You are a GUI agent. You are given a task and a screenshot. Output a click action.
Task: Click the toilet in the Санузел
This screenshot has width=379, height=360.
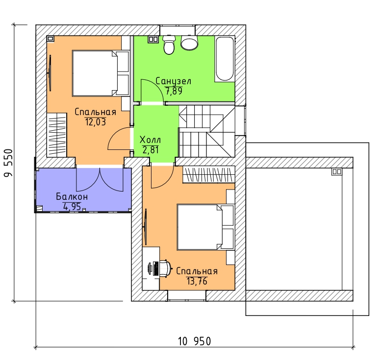click(169, 45)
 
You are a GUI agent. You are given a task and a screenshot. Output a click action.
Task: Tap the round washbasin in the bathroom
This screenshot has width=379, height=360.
click(189, 43)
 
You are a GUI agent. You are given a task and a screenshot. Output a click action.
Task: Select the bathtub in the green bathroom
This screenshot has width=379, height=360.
click(225, 59)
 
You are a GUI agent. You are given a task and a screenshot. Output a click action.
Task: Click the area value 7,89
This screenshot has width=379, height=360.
click(174, 91)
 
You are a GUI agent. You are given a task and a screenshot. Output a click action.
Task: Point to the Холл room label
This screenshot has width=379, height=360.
click(150, 140)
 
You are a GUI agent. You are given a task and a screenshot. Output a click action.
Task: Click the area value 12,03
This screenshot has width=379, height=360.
click(95, 122)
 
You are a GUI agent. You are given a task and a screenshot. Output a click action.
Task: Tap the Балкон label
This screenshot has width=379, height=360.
click(72, 196)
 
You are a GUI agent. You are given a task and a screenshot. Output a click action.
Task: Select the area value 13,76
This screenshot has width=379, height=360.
click(197, 281)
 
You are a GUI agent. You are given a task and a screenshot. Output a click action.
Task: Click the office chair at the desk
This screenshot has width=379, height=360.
click(165, 267)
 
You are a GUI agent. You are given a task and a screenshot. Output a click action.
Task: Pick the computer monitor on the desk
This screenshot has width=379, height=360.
click(151, 268)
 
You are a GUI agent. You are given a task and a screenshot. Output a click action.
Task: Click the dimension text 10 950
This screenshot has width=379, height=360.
click(194, 341)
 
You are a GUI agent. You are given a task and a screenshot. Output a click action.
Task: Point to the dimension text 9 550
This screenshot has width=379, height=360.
click(8, 163)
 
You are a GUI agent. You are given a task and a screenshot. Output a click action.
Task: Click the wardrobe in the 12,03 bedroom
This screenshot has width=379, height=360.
click(56, 135)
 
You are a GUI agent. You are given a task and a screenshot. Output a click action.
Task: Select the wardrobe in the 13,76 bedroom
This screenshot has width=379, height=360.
click(208, 174)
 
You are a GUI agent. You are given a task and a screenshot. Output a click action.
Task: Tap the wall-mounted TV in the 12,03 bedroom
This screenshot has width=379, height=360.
click(50, 73)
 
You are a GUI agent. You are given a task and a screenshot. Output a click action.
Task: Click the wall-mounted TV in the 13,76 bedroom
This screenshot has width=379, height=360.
click(145, 227)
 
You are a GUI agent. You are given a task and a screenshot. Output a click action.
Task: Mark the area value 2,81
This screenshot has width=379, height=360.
click(151, 150)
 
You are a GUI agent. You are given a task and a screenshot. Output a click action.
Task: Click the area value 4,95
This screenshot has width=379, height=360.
click(72, 207)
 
